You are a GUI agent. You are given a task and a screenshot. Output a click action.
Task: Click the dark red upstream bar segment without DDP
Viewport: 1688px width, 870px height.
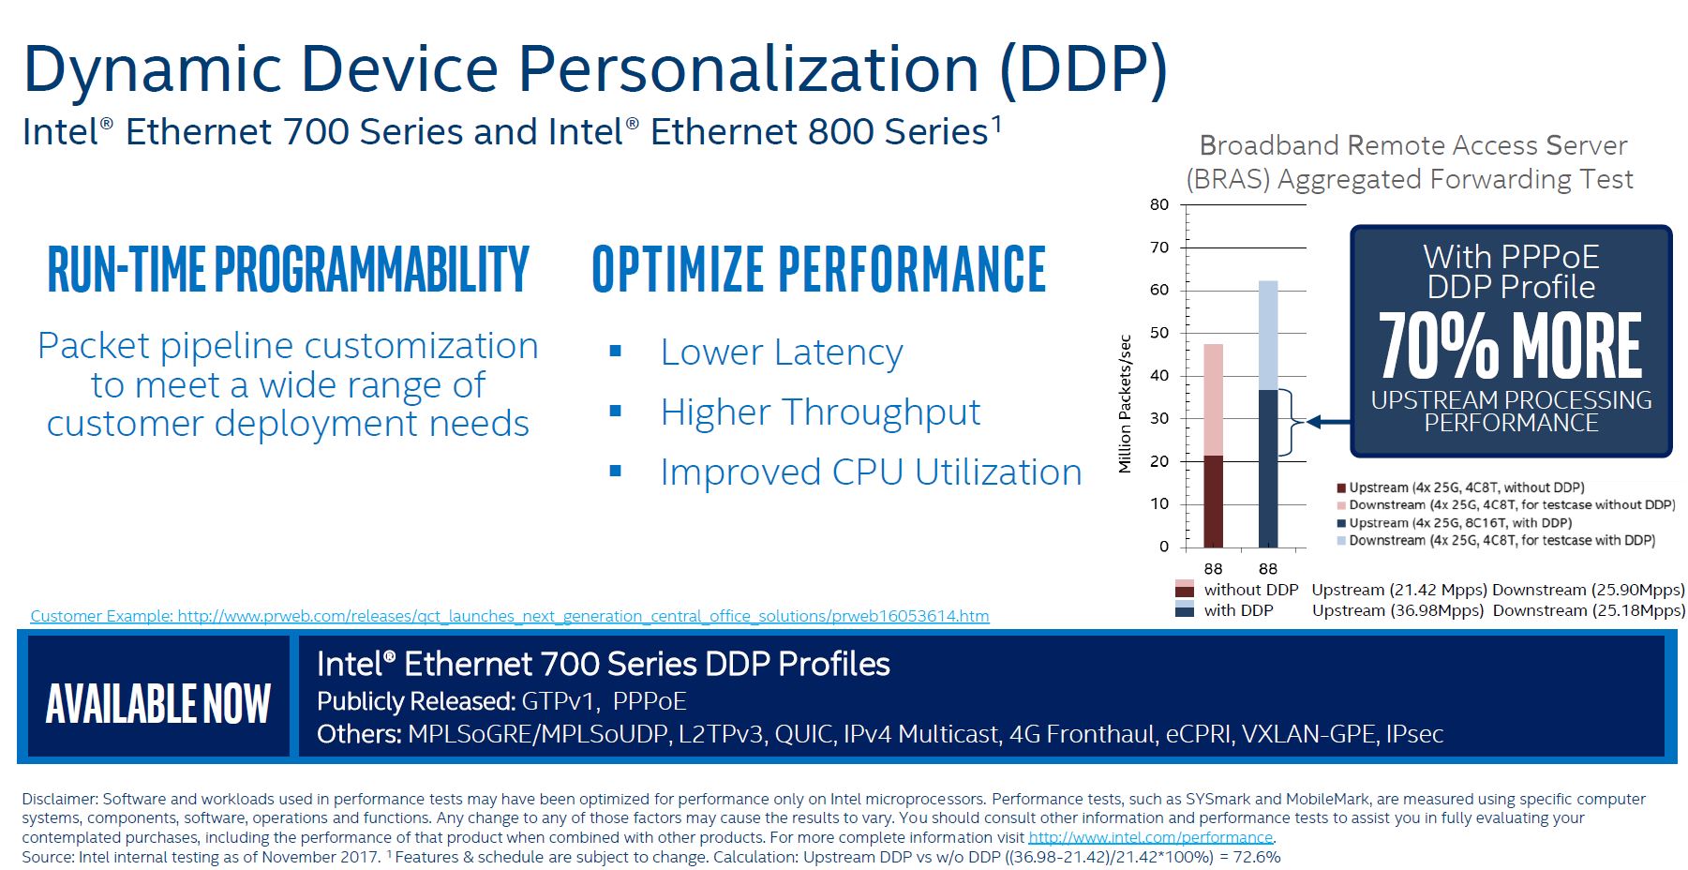pyautogui.click(x=1213, y=502)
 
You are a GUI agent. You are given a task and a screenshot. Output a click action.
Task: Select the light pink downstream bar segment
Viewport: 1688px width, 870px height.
pyautogui.click(x=1213, y=399)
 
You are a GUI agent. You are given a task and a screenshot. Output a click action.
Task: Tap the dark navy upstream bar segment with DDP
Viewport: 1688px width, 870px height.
pyautogui.click(x=1267, y=469)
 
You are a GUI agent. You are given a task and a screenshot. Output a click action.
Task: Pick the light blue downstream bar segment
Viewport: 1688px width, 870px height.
pyautogui.click(x=1267, y=335)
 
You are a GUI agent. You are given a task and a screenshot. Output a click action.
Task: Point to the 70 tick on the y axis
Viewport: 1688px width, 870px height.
pyautogui.click(x=1159, y=247)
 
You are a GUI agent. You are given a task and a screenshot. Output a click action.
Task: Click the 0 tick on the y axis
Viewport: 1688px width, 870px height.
pyautogui.click(x=1164, y=547)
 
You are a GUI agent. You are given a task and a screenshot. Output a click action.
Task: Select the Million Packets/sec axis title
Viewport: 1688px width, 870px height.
pyautogui.click(x=1125, y=404)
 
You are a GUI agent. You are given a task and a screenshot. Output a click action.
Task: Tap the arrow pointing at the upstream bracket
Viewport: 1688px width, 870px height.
pyautogui.click(x=1327, y=422)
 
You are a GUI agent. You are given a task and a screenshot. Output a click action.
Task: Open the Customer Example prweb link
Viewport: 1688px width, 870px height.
pyautogui.click(x=510, y=616)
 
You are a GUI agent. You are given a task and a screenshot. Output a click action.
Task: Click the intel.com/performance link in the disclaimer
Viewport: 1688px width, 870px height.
pyautogui.click(x=1150, y=837)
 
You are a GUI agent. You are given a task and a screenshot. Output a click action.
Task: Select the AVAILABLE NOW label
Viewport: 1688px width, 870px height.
pyautogui.click(x=158, y=704)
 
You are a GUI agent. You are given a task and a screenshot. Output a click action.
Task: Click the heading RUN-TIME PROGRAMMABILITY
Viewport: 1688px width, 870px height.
pyautogui.click(x=288, y=270)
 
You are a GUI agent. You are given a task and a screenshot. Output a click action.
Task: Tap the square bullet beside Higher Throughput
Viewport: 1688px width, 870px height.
pyautogui.click(x=616, y=412)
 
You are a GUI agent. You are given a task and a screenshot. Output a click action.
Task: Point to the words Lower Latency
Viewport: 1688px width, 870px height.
pyautogui.click(x=781, y=352)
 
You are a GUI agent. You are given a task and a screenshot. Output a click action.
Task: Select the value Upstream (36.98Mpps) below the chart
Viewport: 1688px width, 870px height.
pyautogui.click(x=1397, y=610)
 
